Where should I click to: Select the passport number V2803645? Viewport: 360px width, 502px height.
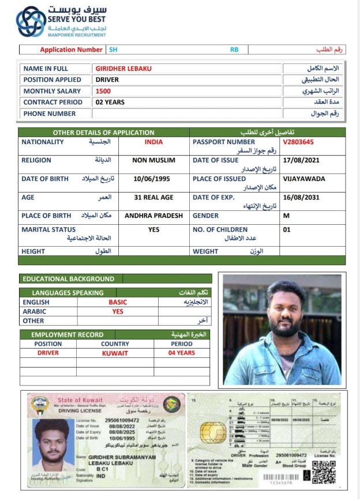[298, 142]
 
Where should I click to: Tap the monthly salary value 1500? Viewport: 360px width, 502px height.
[103, 91]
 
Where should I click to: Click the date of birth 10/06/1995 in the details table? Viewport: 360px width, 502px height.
[152, 179]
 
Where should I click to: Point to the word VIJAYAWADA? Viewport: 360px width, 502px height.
[304, 179]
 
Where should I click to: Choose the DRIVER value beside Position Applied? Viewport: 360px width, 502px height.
[107, 80]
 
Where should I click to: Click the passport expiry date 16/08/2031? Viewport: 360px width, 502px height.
[301, 197]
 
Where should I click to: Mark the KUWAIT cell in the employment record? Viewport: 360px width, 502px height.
[115, 353]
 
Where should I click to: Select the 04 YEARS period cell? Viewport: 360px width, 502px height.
[181, 353]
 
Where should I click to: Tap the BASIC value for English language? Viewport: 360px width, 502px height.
[118, 302]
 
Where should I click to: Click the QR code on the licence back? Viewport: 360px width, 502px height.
[324, 472]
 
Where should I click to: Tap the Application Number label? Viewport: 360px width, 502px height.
[72, 50]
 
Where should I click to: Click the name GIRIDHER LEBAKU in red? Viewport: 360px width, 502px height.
[123, 69]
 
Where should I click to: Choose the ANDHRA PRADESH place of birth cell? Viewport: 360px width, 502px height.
[154, 216]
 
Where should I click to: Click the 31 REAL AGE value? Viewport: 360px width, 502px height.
[153, 197]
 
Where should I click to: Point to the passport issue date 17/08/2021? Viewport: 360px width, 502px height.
[301, 160]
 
